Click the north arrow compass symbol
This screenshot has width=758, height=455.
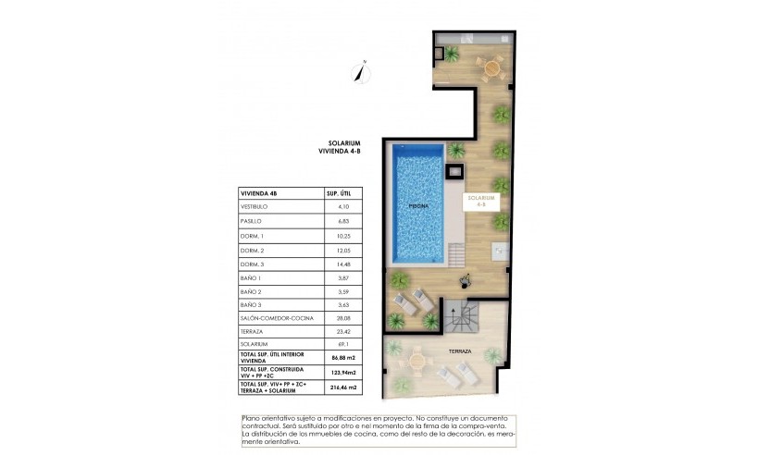point(363,73)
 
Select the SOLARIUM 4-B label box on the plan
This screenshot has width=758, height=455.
point(482,201)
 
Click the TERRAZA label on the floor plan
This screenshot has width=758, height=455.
point(460,351)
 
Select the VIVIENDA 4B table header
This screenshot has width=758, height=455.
point(259,193)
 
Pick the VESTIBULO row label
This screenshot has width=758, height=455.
point(254,207)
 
